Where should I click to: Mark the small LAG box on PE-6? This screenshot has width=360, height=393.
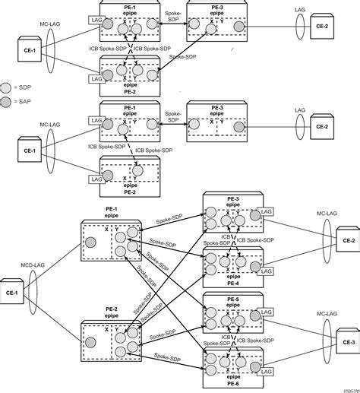tap(266, 369)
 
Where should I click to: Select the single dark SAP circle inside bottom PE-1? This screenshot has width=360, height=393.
tap(91, 242)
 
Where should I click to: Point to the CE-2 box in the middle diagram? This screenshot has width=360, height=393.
tap(321, 127)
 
